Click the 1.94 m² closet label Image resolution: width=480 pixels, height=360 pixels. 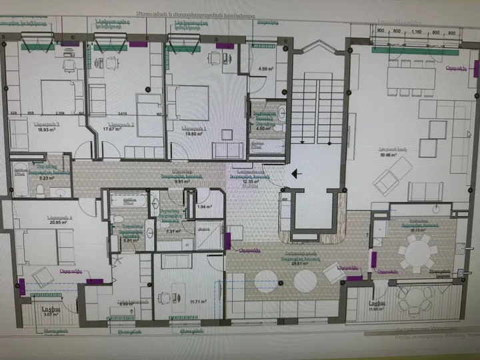click(x=204, y=207)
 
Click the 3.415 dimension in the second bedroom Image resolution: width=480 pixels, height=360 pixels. click(x=122, y=113)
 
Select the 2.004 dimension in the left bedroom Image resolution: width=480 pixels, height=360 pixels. click(x=59, y=113)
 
